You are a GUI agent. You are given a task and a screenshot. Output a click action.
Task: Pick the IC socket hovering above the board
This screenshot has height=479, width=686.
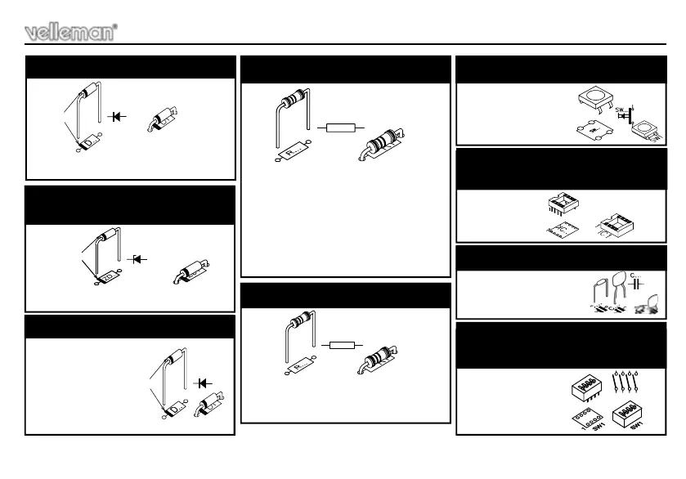tap(563, 205)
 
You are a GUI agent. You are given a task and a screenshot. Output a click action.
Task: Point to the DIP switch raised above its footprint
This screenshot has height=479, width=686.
tap(582, 386)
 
